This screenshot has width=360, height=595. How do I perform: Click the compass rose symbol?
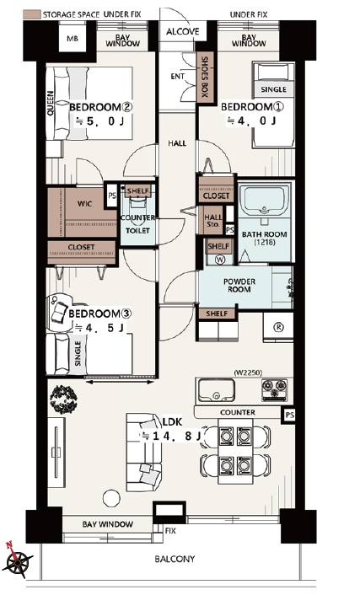[16, 560]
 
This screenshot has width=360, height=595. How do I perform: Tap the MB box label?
[73, 39]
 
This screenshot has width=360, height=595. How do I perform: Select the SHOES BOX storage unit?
[205, 78]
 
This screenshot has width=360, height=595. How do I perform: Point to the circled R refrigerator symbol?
[279, 326]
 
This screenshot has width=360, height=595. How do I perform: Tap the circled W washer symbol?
[220, 260]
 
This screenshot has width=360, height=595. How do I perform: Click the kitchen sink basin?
[216, 389]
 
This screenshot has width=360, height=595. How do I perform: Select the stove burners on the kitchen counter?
[275, 389]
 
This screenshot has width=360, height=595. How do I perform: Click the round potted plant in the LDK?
[63, 399]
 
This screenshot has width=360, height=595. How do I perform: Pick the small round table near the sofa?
[111, 498]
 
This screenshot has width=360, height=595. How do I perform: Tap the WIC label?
[84, 204]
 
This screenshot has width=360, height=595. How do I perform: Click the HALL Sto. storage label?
[213, 221]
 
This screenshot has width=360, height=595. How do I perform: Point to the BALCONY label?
[175, 559]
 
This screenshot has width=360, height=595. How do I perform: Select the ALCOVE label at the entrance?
[183, 31]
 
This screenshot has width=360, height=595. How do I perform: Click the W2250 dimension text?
[249, 373]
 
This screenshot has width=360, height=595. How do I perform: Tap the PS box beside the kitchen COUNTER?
[289, 415]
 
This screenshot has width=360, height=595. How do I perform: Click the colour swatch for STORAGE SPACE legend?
[32, 14]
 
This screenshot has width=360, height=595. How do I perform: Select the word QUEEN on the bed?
[50, 103]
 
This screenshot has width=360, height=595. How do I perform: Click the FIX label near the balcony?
[170, 530]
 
